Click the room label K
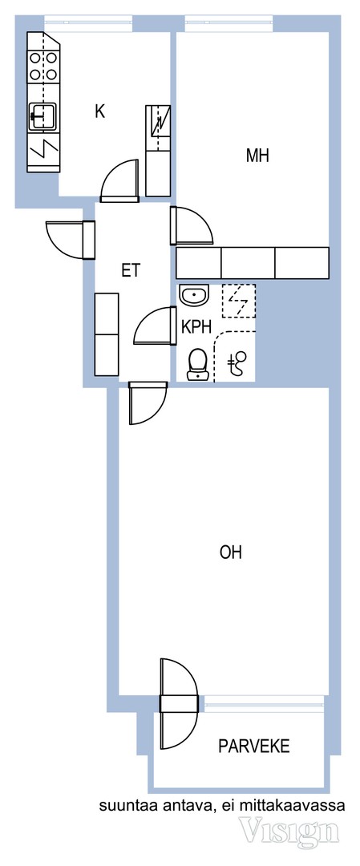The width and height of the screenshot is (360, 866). click(x=99, y=112)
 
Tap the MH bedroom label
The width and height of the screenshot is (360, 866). click(x=257, y=156)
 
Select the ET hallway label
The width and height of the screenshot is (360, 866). click(x=131, y=271)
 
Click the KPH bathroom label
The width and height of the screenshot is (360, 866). click(x=196, y=327)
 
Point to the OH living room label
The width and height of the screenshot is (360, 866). click(x=231, y=552)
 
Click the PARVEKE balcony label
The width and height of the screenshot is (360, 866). click(x=254, y=747)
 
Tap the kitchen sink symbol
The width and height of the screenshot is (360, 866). click(x=42, y=117)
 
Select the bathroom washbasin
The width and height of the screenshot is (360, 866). click(x=194, y=297)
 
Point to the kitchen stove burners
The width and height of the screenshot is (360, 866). click(x=43, y=66)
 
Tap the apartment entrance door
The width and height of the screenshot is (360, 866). click(x=67, y=239)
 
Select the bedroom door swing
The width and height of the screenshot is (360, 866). click(x=192, y=225)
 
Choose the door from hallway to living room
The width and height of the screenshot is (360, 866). click(x=147, y=403)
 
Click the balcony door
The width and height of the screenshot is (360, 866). click(x=179, y=703)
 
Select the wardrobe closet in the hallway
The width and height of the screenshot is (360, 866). click(x=107, y=334)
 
